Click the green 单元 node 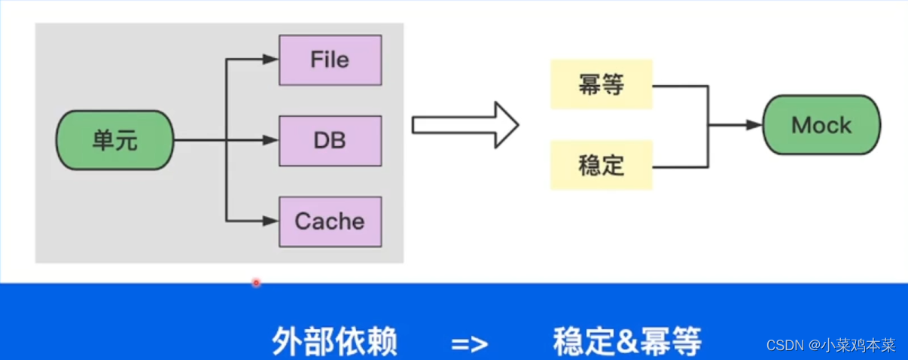tap(114, 141)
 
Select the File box tap(330, 59)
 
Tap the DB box tap(330, 140)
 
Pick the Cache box tap(330, 221)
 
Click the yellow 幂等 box tap(601, 85)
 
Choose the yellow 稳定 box tap(601, 165)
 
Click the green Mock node tap(821, 125)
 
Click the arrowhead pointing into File tap(272, 59)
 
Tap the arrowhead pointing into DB tap(272, 140)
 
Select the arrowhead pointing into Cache tap(272, 221)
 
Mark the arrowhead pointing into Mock tap(754, 125)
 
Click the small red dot tap(256, 282)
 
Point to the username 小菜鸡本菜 tap(858, 346)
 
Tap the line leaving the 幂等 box tap(680, 85)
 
